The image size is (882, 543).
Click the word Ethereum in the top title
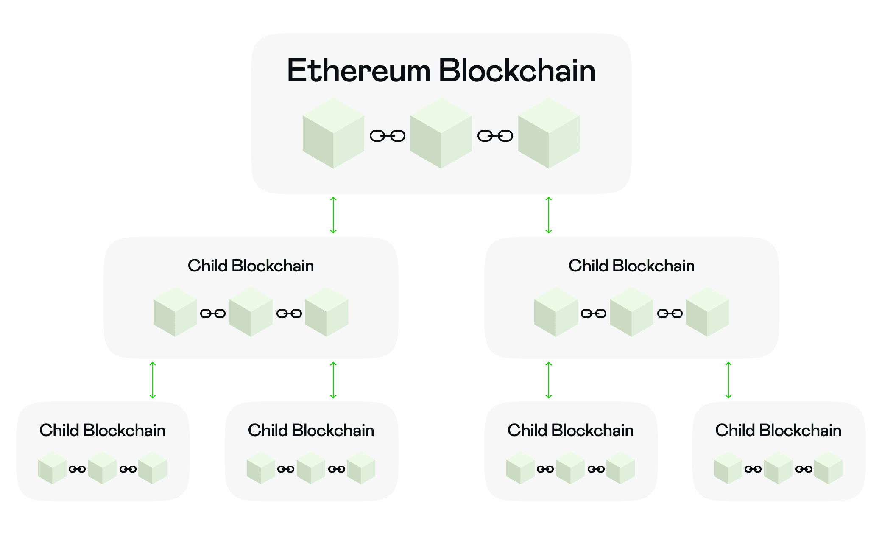358,71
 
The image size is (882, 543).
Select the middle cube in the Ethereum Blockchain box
441,134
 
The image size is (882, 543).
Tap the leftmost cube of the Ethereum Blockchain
333,134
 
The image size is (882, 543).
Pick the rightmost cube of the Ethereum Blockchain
549,134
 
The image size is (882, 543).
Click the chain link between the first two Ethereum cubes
388,136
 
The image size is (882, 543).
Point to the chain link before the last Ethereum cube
495,136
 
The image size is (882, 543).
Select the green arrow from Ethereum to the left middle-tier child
333,215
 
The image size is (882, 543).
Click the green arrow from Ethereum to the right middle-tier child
549,215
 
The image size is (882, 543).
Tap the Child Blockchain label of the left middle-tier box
251,266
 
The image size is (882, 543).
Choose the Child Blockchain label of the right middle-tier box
631,266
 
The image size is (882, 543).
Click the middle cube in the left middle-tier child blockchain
251,312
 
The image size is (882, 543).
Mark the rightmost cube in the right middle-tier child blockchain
707,312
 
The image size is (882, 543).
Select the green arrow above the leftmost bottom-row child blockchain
153,380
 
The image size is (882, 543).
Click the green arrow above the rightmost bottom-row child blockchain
728,380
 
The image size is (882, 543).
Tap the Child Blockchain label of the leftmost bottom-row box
102,431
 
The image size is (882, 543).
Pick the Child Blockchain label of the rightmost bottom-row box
778,431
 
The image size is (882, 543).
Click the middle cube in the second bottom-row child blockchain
311,468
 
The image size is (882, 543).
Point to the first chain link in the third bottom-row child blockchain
545,469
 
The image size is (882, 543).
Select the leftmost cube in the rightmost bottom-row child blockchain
728,468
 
